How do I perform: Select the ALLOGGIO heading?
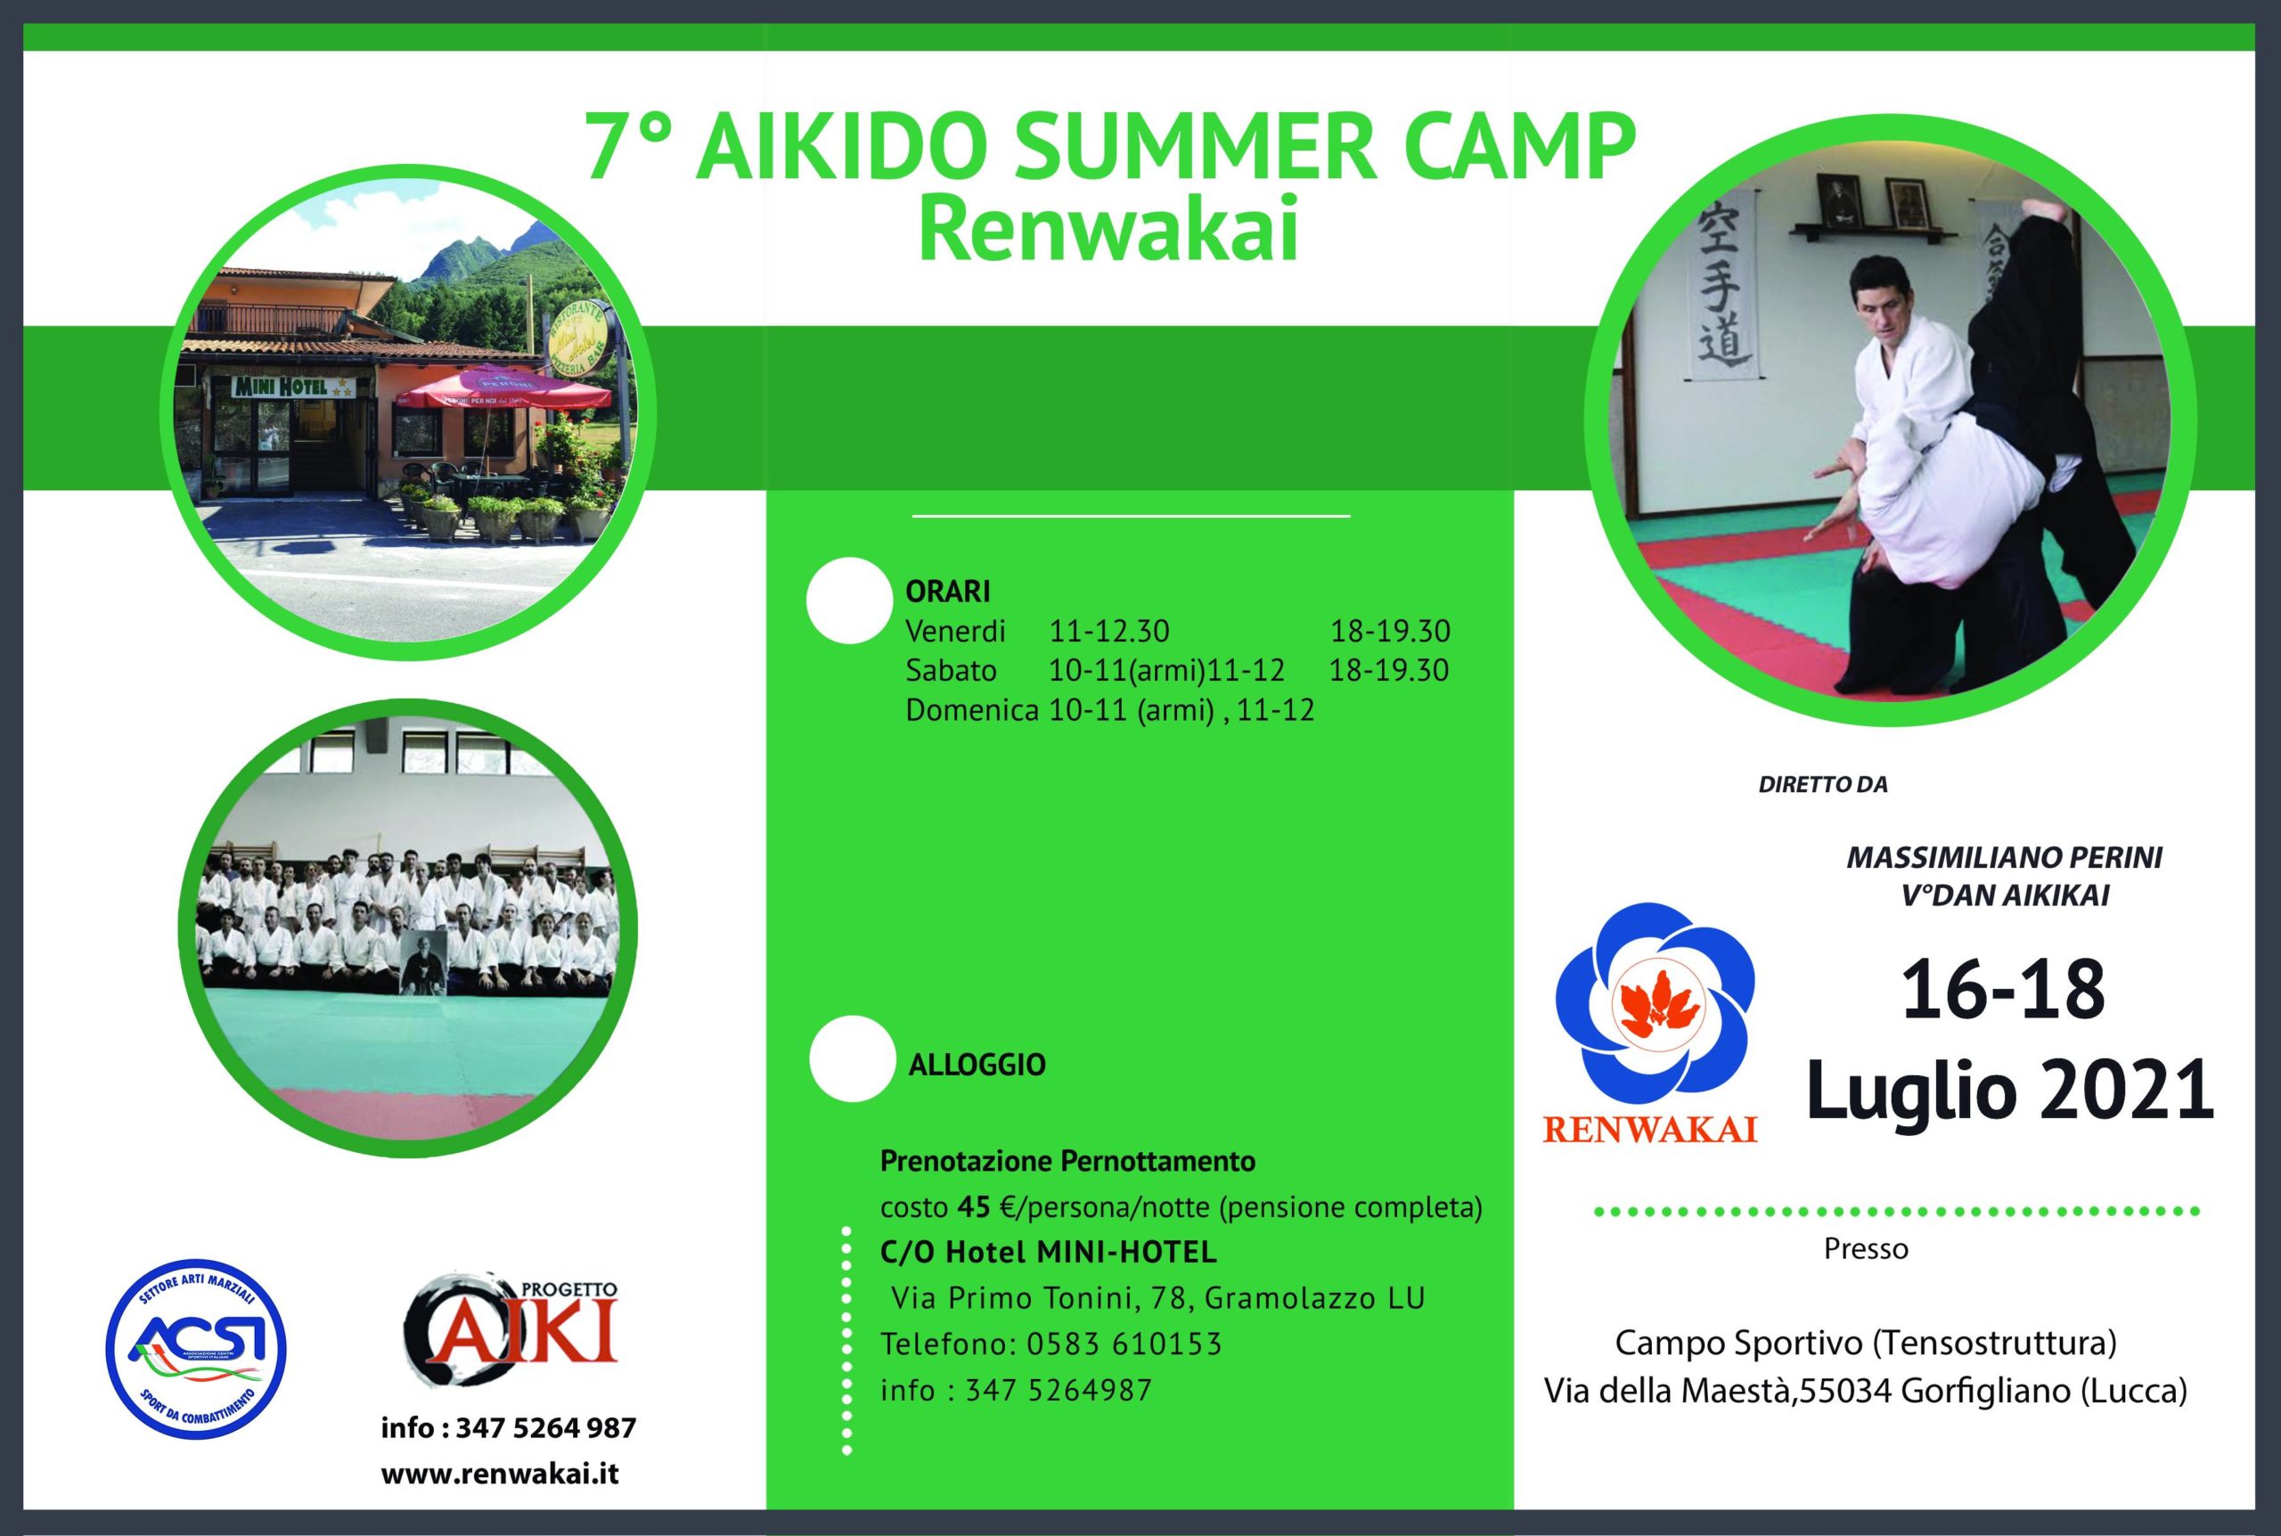[x=977, y=1065]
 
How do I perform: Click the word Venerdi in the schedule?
[x=955, y=632]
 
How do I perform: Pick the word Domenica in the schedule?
[x=971, y=710]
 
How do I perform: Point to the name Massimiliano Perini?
[x=2004, y=857]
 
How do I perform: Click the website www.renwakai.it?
[x=500, y=1475]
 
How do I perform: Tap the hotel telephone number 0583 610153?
[x=1124, y=1344]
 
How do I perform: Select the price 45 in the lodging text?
[x=975, y=1208]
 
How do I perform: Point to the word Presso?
[x=1866, y=1249]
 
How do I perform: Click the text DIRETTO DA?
[x=1823, y=785]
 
